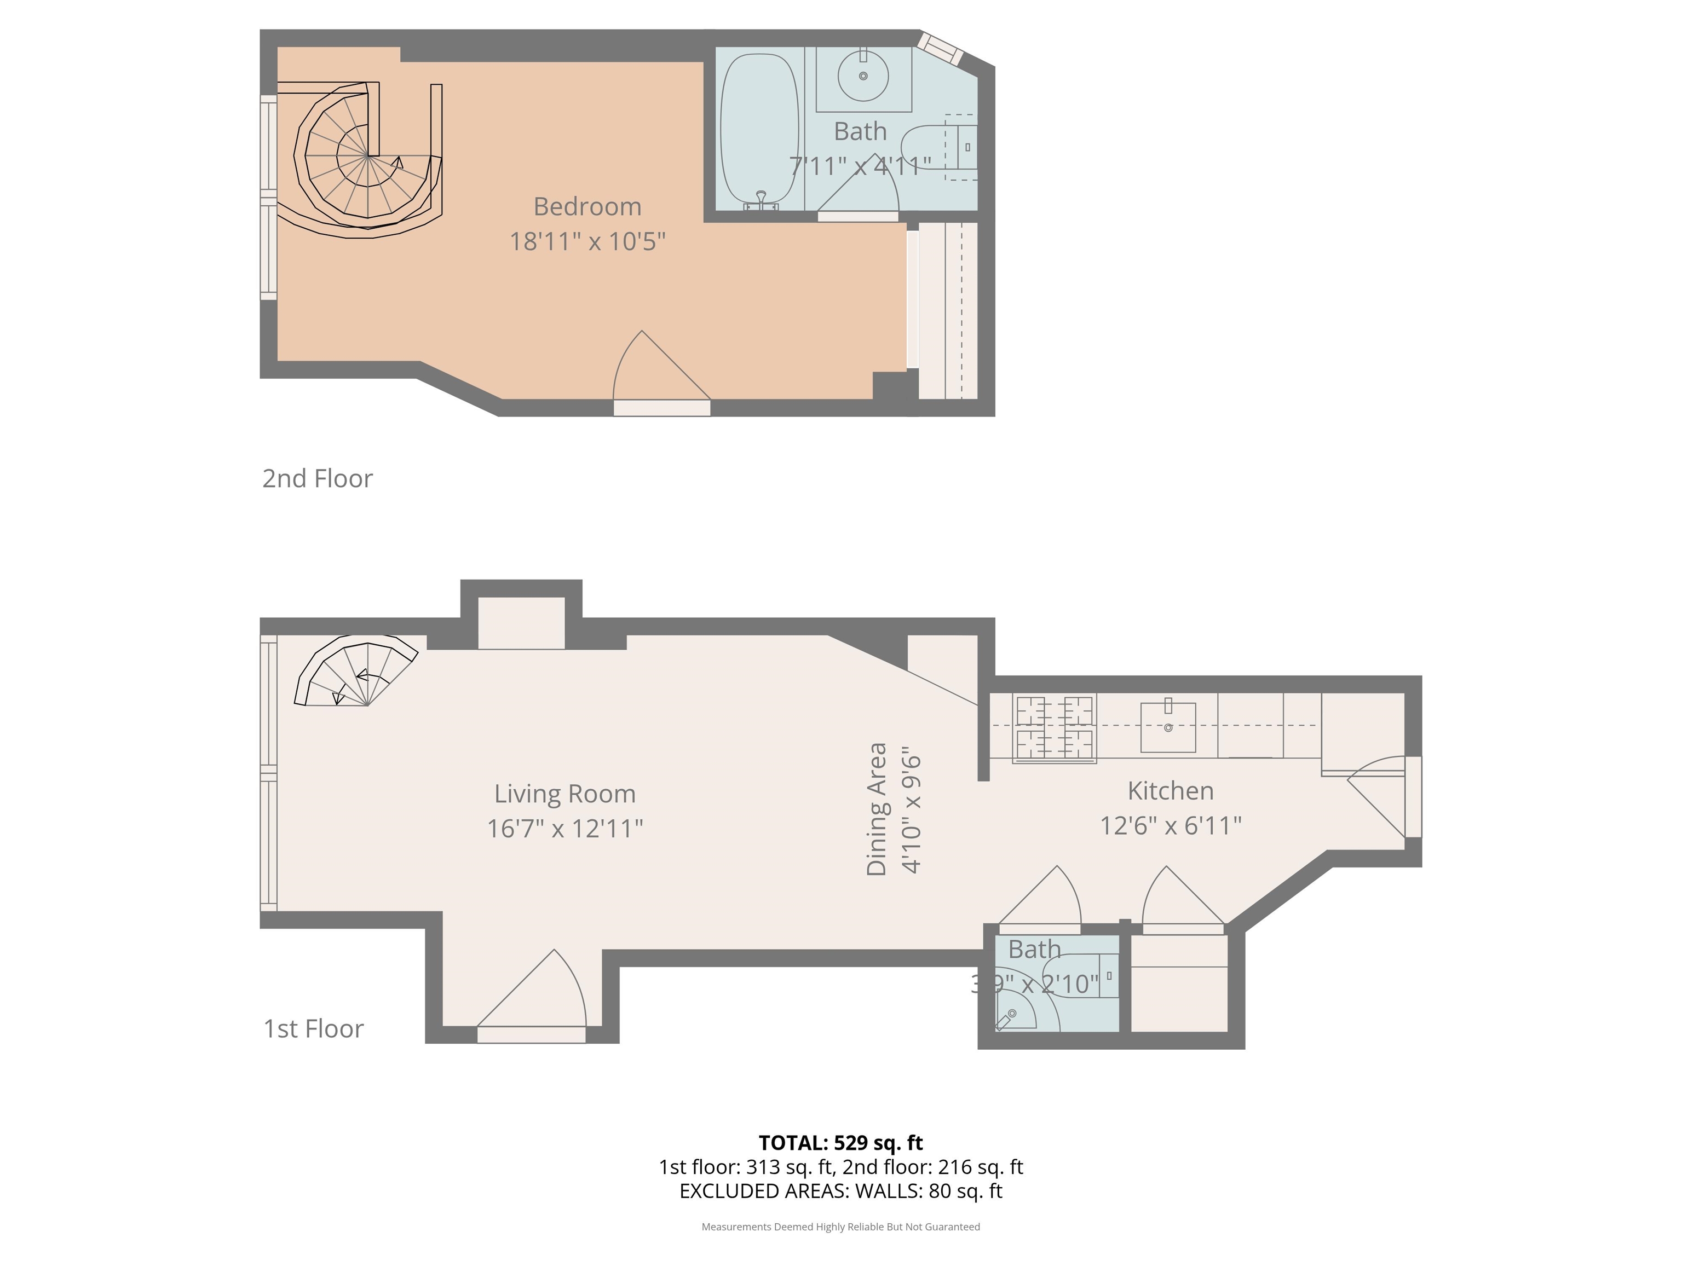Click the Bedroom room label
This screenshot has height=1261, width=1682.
[587, 207]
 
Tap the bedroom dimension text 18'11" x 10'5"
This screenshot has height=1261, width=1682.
[587, 242]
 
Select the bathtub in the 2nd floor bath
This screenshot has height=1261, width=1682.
[759, 131]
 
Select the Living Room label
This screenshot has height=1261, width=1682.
[565, 794]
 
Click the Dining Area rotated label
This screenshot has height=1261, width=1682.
[877, 809]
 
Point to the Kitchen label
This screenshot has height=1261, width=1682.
[1170, 790]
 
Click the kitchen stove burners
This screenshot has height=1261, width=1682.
[1054, 728]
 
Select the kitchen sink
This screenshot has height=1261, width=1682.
[1168, 726]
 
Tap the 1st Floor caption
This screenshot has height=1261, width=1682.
[313, 1029]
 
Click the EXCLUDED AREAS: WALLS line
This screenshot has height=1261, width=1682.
[841, 1191]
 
